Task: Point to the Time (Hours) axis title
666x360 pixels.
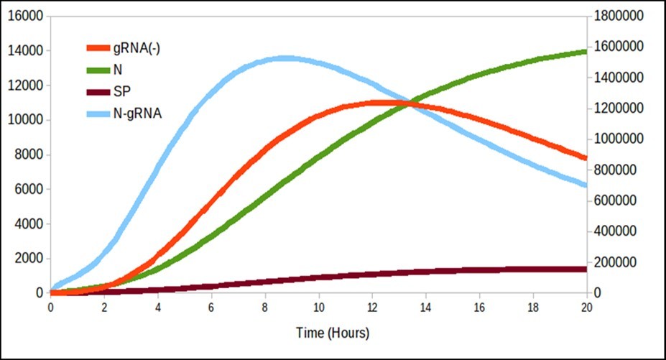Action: [332, 333]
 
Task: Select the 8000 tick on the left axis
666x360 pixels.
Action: [29, 154]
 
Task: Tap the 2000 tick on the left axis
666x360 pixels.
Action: [29, 258]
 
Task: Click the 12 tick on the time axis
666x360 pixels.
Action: [371, 307]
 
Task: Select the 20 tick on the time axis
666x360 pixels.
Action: [586, 307]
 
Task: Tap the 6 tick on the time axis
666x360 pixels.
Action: [211, 307]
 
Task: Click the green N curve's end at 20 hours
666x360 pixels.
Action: [585, 51]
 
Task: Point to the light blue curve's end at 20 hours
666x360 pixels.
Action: [585, 185]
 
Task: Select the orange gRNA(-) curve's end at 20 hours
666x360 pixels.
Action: [585, 157]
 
